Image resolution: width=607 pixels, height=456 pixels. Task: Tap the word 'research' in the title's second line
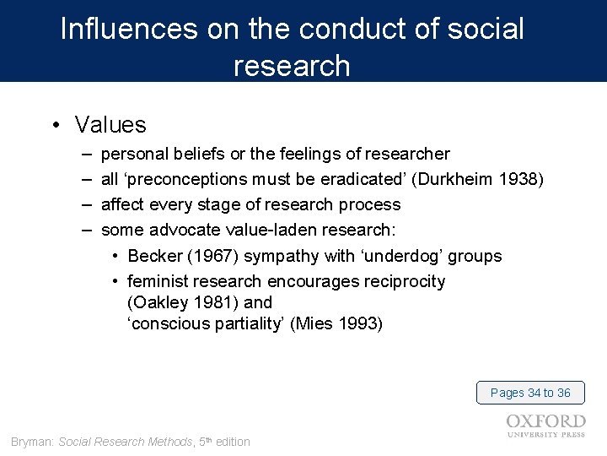pos(292,65)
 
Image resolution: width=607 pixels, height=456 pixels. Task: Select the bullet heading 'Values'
pos(110,125)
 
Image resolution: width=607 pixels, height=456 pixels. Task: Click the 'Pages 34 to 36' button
pos(530,393)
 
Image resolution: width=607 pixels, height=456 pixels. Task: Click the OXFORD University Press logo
pos(546,426)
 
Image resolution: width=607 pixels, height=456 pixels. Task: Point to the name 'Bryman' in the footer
pos(32,442)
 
